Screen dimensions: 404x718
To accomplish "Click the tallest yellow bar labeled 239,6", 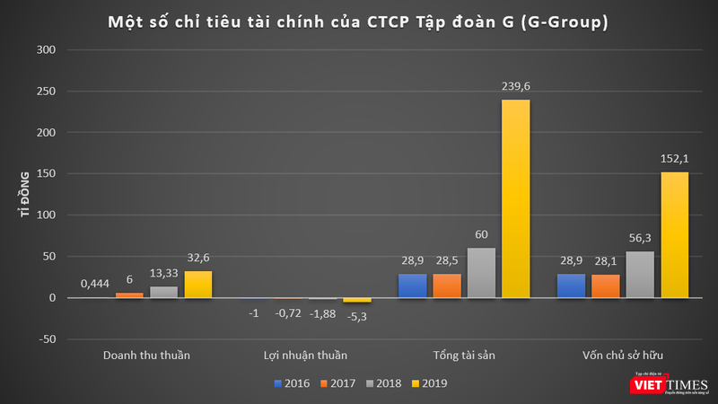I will pyautogui.click(x=516, y=198).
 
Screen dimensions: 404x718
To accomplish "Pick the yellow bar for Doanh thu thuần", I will pyautogui.click(x=198, y=285).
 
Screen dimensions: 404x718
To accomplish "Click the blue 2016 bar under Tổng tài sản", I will pyautogui.click(x=413, y=285).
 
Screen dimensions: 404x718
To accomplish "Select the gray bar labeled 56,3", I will pyautogui.click(x=640, y=275).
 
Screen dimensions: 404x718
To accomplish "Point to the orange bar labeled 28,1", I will pyautogui.click(x=606, y=286).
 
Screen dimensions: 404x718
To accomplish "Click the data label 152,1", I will pyautogui.click(x=675, y=162).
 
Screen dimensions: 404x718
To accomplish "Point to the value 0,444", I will pyautogui.click(x=94, y=284).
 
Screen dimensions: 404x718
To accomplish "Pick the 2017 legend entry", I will pyautogui.click(x=339, y=383).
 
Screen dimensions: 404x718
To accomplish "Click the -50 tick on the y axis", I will pyautogui.click(x=46, y=339).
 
